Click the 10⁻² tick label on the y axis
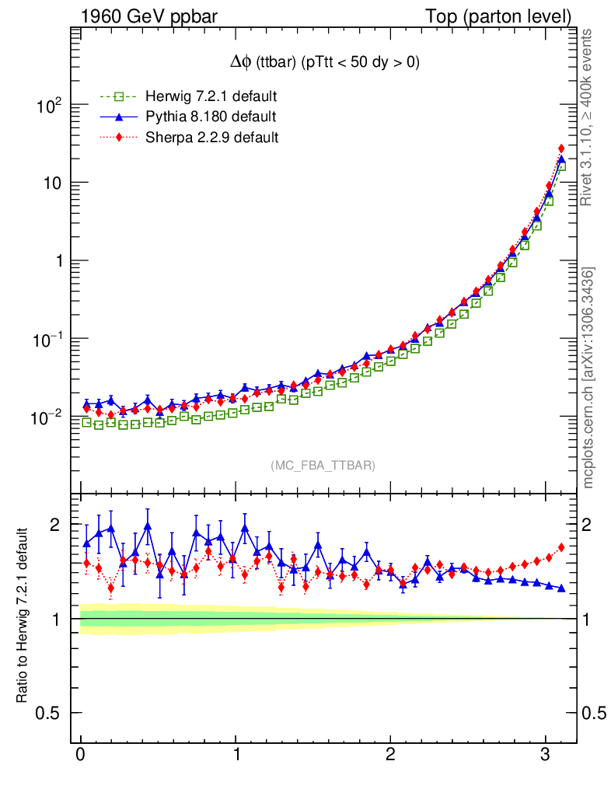coord(47,417)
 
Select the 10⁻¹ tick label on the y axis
coord(47,339)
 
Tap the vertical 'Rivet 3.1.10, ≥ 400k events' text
coord(588,117)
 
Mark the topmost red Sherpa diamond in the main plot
coord(561,148)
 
